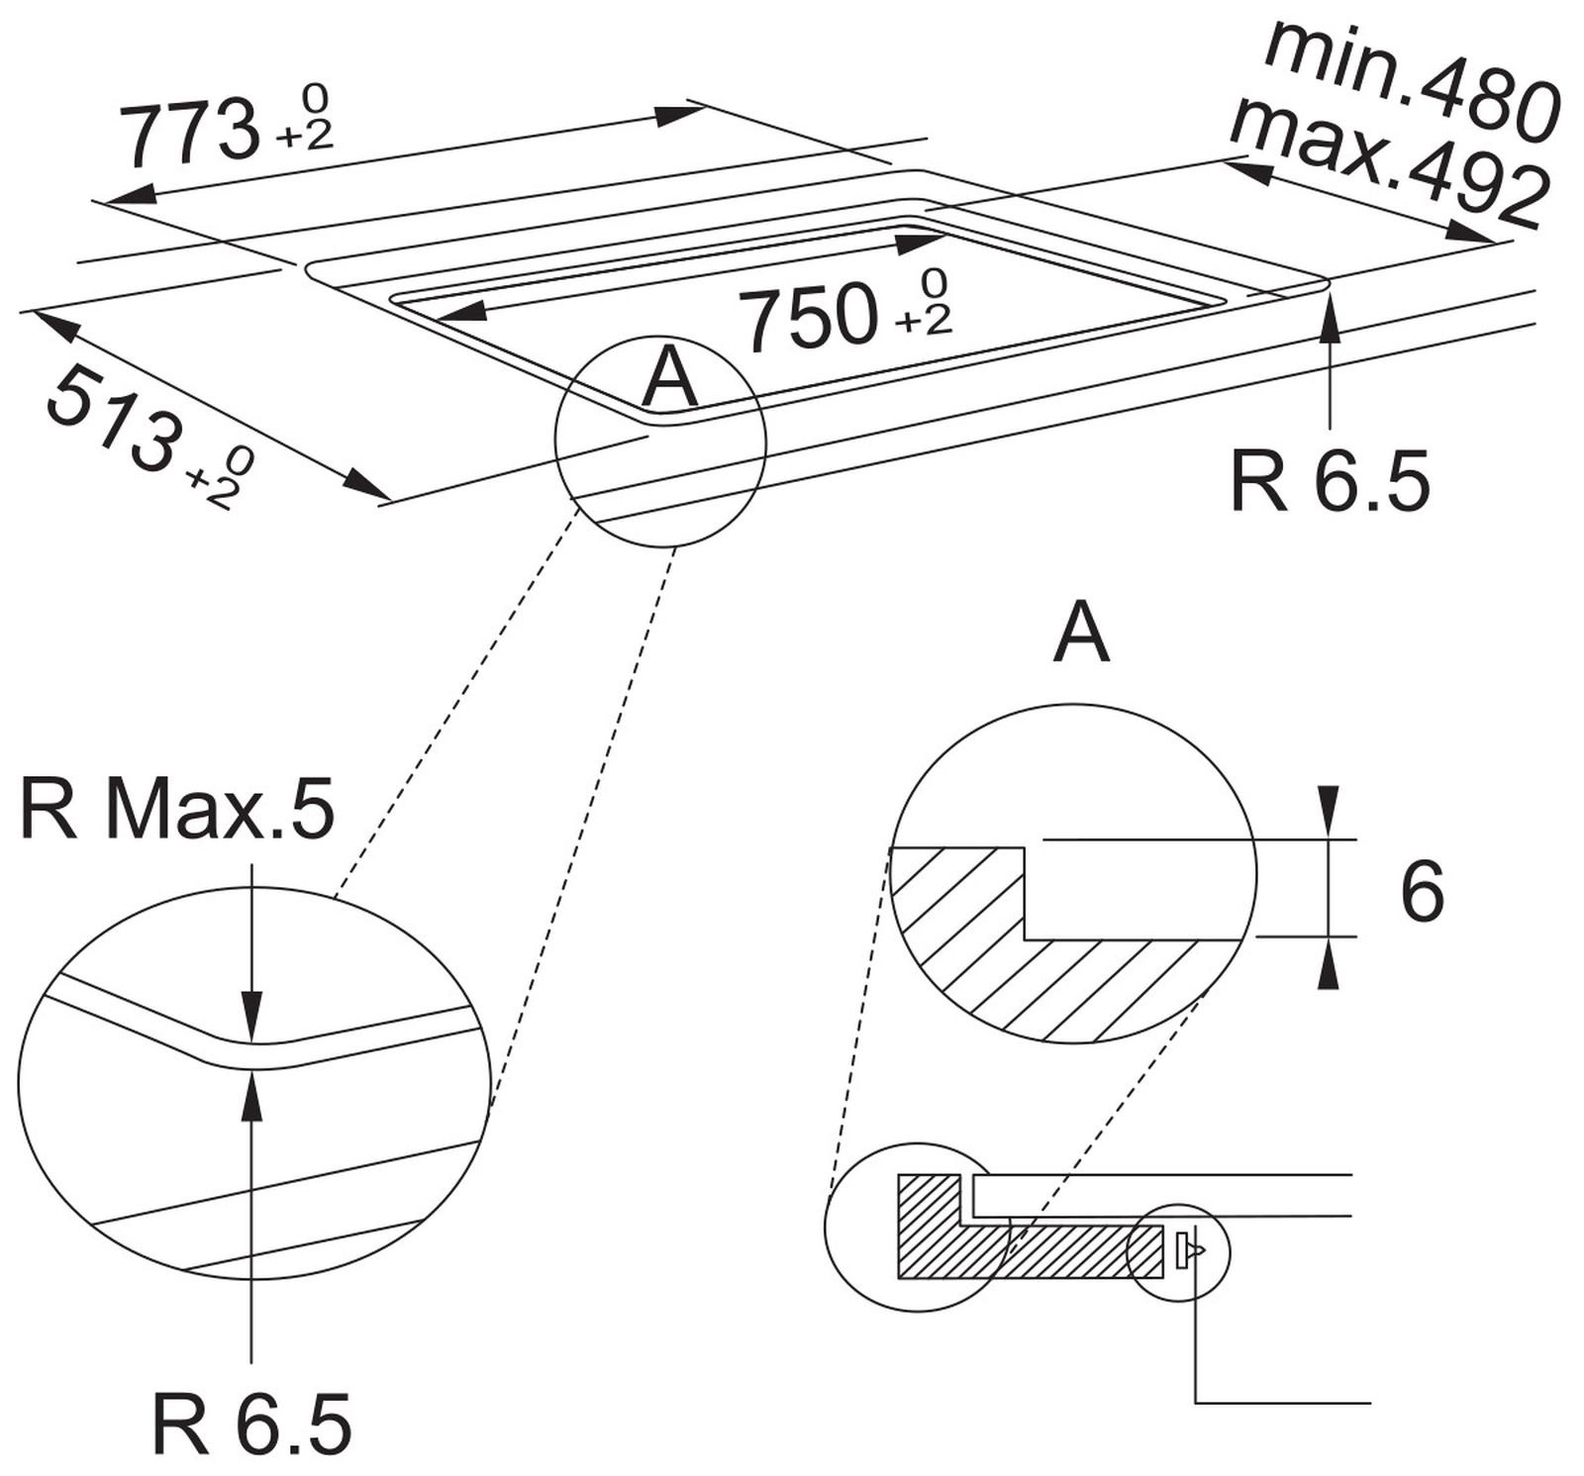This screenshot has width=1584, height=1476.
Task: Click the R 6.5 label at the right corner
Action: [x=1329, y=481]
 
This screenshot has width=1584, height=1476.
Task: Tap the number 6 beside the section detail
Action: [x=1422, y=892]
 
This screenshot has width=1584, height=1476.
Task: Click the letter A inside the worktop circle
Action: [x=670, y=378]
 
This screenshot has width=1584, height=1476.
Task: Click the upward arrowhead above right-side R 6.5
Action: [x=1330, y=318]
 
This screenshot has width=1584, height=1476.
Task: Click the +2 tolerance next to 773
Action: [x=304, y=136]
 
